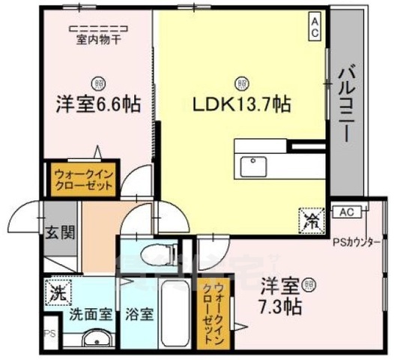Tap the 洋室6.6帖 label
point(98,104)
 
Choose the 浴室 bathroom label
point(140,314)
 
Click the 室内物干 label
point(97,40)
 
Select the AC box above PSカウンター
point(345,212)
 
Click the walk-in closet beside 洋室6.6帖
point(83,179)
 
